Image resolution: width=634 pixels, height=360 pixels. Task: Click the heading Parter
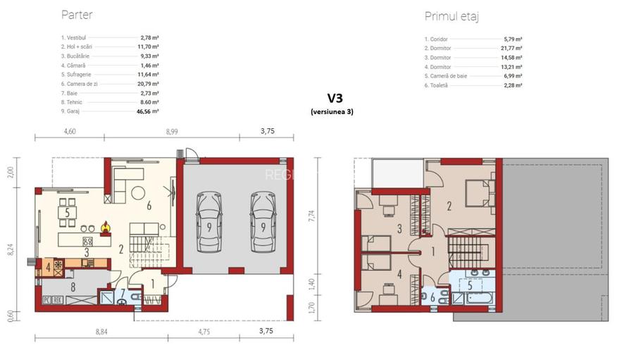(77, 15)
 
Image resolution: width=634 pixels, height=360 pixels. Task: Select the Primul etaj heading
(452, 17)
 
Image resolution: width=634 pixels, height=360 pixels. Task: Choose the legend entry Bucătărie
(76, 55)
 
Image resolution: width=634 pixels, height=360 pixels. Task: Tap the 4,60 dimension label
(70, 131)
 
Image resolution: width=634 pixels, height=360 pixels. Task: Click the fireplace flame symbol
(106, 227)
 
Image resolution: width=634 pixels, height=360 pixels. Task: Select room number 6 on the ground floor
(149, 206)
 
